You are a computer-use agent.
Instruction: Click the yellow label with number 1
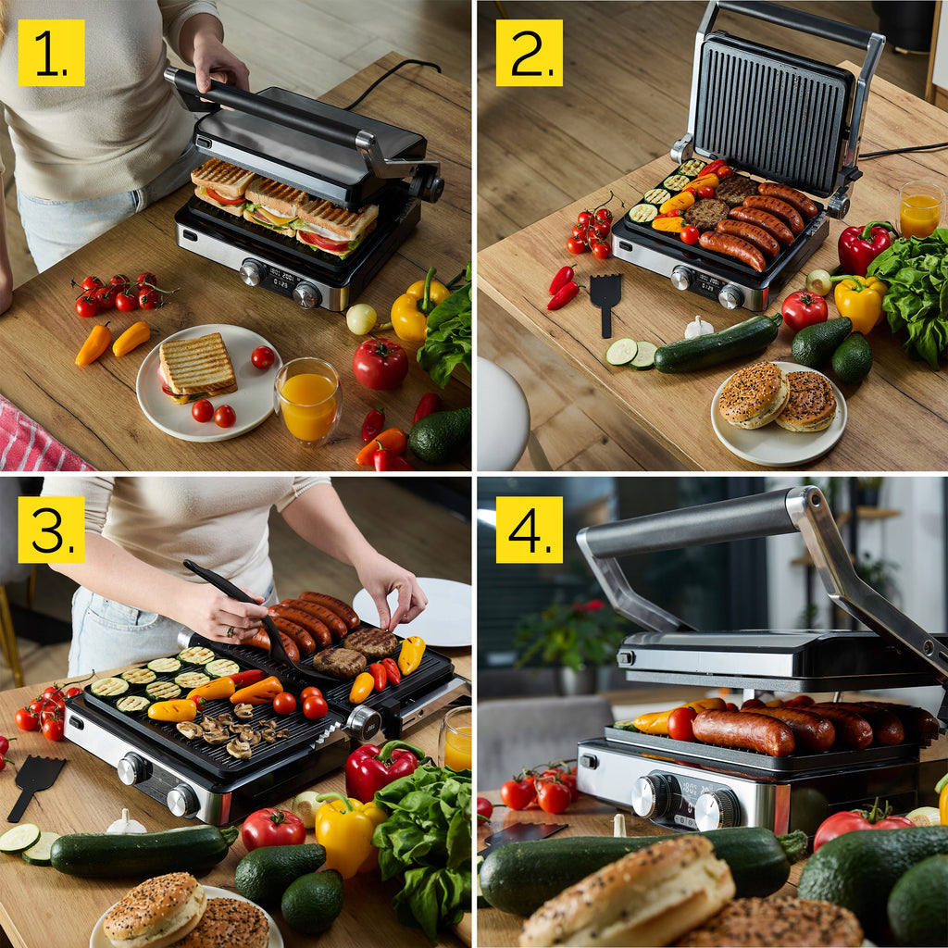pos(52,53)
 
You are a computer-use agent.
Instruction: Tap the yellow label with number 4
pos(529,530)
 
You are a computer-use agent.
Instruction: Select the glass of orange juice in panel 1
pos(308,402)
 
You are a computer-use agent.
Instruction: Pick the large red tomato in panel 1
pos(380,363)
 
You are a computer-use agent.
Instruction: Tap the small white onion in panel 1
pos(362,318)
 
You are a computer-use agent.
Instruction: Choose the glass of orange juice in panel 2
pos(920,209)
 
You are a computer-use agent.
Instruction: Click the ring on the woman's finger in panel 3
pos(231,631)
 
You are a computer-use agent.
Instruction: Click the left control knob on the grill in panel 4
pos(650,795)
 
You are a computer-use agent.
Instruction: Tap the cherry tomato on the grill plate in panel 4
pos(682,723)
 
